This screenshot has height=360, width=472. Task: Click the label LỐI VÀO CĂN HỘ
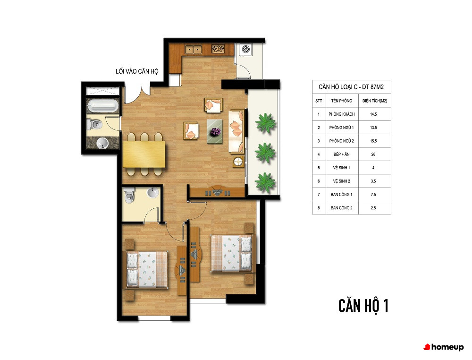[137, 71]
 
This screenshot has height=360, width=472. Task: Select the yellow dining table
[144, 154]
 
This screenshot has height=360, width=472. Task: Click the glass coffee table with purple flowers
[215, 132]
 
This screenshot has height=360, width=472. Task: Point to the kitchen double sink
[193, 49]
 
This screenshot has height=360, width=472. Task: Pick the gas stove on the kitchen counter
[218, 49]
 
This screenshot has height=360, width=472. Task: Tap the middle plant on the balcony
[265, 153]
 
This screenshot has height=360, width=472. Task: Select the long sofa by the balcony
[236, 132]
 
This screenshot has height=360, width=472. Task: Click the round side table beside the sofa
[238, 162]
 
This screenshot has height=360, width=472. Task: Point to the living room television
[217, 192]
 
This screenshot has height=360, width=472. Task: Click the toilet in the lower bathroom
[129, 195]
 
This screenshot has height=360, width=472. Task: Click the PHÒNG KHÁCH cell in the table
[342, 114]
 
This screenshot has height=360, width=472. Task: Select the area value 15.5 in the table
[373, 141]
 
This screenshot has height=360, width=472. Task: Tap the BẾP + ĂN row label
[341, 154]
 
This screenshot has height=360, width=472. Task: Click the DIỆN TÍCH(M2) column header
[375, 101]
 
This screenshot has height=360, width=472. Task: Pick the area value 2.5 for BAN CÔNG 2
[373, 208]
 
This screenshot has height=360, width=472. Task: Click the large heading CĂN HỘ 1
[363, 306]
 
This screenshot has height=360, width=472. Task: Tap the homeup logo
[444, 347]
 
